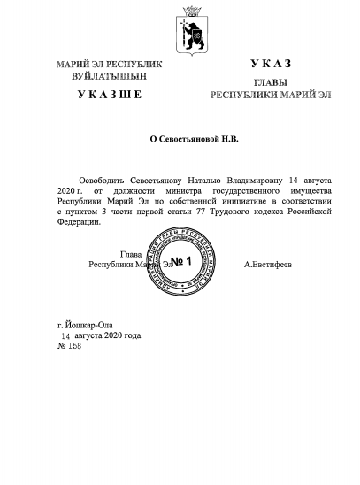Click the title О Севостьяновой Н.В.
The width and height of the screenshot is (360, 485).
(180, 140)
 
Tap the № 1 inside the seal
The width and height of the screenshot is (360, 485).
(182, 261)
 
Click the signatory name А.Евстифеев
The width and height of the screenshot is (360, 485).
(269, 265)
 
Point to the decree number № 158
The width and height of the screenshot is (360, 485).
(70, 346)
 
